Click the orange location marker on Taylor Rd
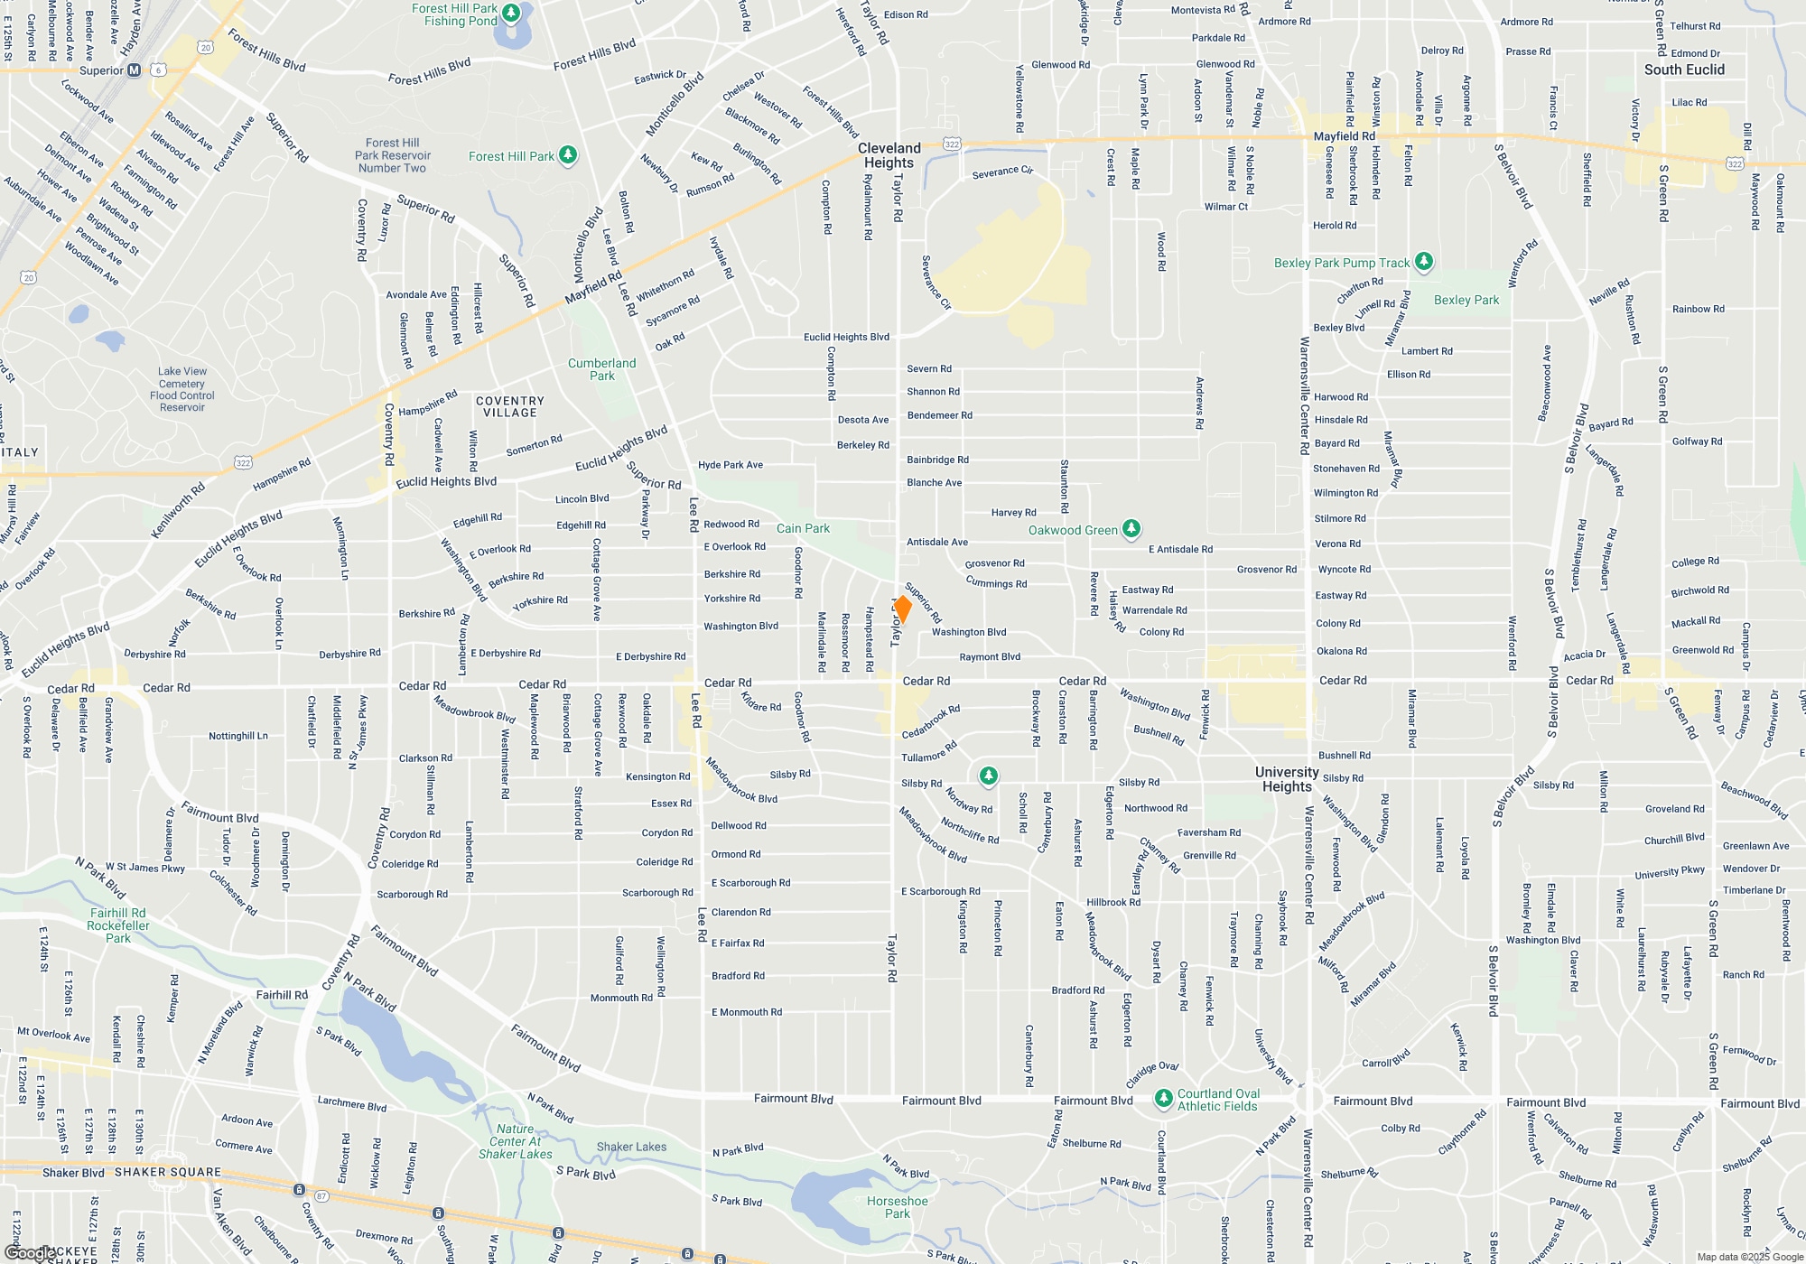point(901,609)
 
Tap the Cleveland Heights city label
point(889,155)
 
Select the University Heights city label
point(1287,778)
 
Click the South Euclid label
point(1684,70)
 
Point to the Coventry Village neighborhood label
point(510,406)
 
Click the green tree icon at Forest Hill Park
point(568,155)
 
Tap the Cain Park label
point(803,528)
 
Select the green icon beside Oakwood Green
point(1131,530)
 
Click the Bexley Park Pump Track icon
point(1424,262)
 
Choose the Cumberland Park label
point(601,369)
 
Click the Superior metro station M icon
point(135,70)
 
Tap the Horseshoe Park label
point(897,1207)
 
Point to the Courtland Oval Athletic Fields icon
point(1163,1099)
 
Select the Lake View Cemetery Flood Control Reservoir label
point(182,389)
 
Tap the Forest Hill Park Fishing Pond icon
point(512,13)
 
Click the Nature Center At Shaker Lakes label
point(515,1141)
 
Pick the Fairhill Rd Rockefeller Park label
point(117,925)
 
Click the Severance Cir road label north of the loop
point(1002,172)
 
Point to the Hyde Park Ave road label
point(731,465)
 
